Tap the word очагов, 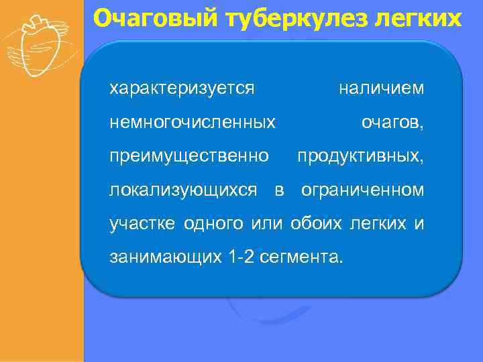392,123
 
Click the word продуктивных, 360,156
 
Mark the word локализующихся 182,190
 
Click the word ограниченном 362,190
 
